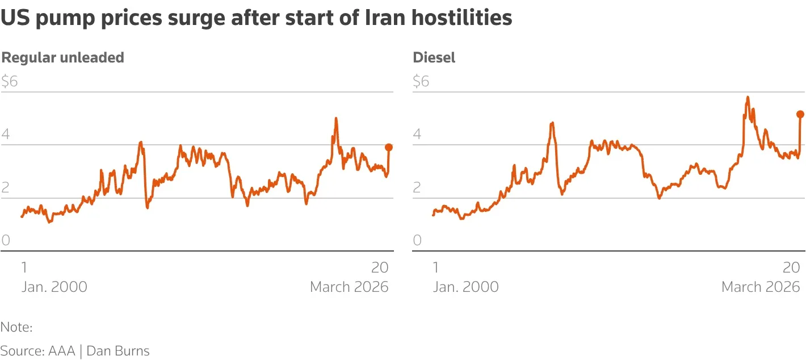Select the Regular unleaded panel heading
(62, 57)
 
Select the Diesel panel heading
(434, 57)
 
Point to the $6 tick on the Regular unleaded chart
(10, 81)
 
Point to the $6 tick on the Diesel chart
(421, 81)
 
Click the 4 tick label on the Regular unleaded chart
(6, 135)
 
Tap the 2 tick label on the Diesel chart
(417, 187)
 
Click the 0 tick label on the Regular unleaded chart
(6, 240)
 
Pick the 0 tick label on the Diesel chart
(417, 240)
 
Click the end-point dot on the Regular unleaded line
(389, 147)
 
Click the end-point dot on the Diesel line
(800, 114)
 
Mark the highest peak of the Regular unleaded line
(336, 118)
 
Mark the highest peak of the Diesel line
(748, 97)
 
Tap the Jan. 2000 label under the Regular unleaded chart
(54, 287)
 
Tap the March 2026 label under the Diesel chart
(761, 287)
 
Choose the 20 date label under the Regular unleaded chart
(380, 267)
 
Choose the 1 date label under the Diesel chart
(435, 267)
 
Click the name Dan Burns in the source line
(118, 351)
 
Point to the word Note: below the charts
(16, 327)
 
